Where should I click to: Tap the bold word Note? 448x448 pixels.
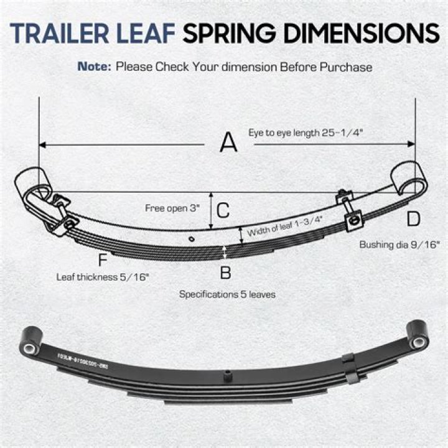94,66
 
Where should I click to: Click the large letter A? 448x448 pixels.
229,144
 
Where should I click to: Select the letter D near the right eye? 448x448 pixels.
414,218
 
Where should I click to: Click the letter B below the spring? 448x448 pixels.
226,272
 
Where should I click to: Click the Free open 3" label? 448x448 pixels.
172,208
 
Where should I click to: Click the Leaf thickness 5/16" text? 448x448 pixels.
103,278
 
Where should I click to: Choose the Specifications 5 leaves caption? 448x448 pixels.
228,294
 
